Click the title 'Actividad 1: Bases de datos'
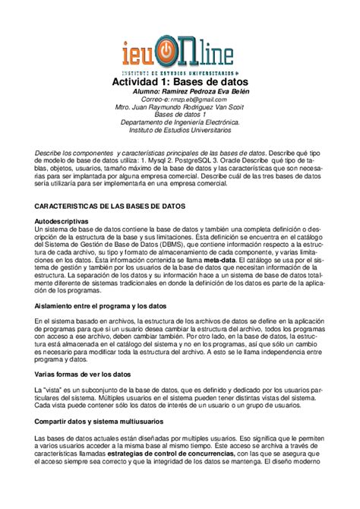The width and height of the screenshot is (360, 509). (180, 81)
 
